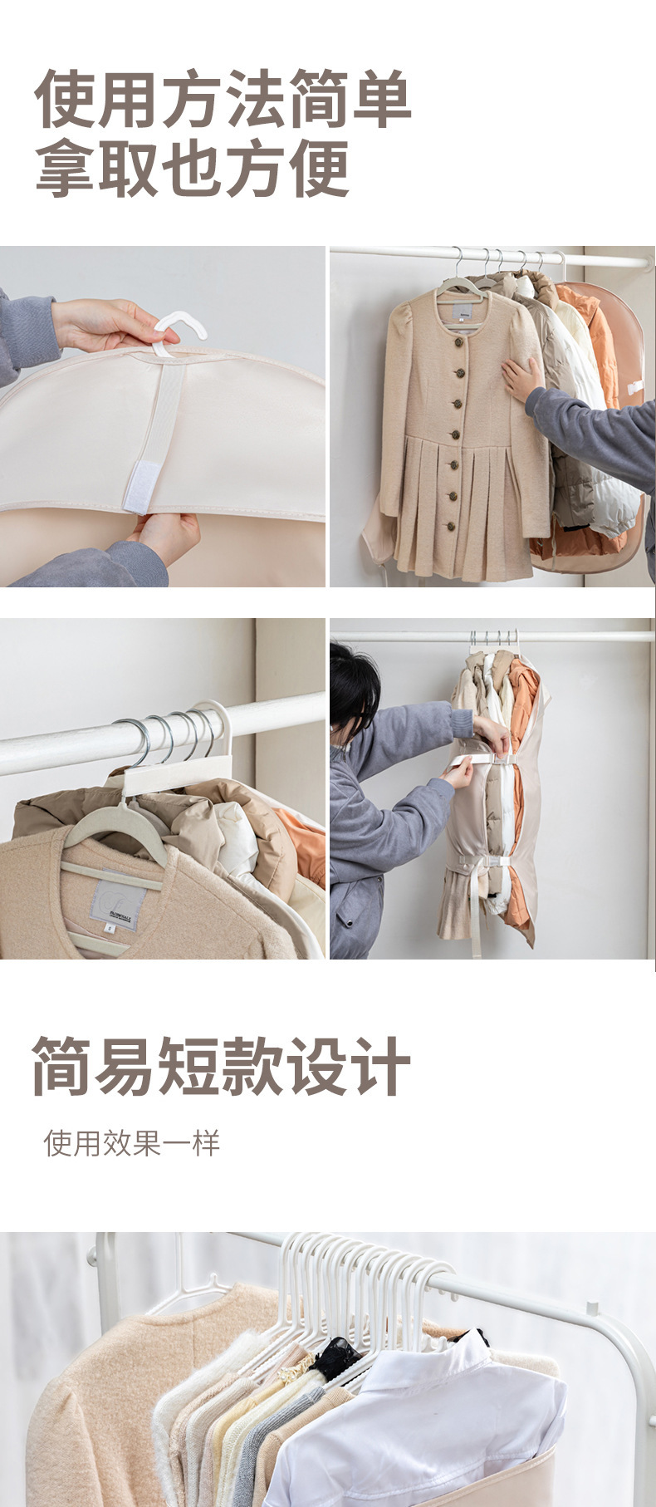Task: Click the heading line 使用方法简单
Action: point(223,100)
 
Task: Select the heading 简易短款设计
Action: point(221,1066)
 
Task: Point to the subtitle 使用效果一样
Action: point(132,1143)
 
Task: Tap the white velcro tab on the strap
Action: point(142,485)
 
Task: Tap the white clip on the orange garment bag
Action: point(635,387)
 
